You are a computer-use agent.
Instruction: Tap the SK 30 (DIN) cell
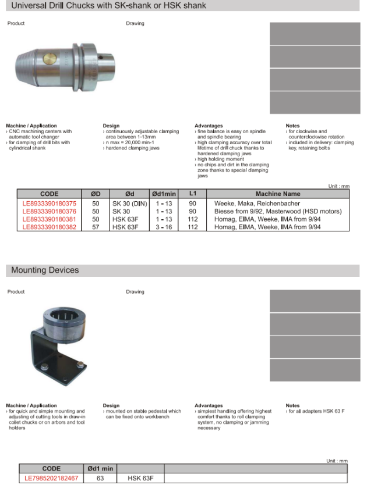click(129, 204)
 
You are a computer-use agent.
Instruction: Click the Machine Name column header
click(277, 194)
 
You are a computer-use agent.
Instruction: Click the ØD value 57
click(96, 227)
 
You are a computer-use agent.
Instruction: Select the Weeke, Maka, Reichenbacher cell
click(257, 204)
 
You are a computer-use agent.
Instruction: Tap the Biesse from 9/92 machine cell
click(277, 212)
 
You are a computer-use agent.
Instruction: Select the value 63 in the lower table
click(100, 478)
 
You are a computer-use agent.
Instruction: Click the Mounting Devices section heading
click(45, 270)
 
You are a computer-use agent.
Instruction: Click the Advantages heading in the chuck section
click(209, 126)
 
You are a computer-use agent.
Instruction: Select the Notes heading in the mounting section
click(292, 405)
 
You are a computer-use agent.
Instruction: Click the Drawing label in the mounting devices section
click(135, 291)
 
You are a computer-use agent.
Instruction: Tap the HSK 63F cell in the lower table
click(140, 478)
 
